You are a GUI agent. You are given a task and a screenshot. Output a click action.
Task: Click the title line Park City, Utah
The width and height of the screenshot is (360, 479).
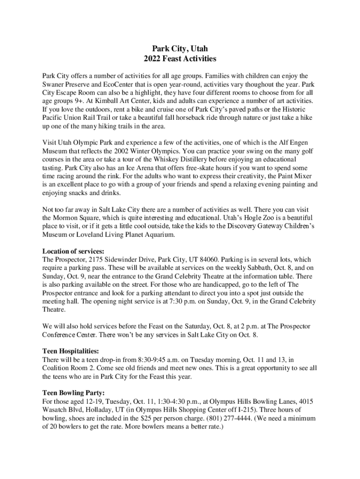[x=180, y=49]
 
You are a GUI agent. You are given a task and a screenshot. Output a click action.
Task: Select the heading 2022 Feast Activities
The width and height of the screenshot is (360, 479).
[x=180, y=59]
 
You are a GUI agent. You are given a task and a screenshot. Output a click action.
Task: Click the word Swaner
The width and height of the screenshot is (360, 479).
[x=54, y=85]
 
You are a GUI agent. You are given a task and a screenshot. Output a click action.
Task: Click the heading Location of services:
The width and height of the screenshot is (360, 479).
[x=73, y=251]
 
